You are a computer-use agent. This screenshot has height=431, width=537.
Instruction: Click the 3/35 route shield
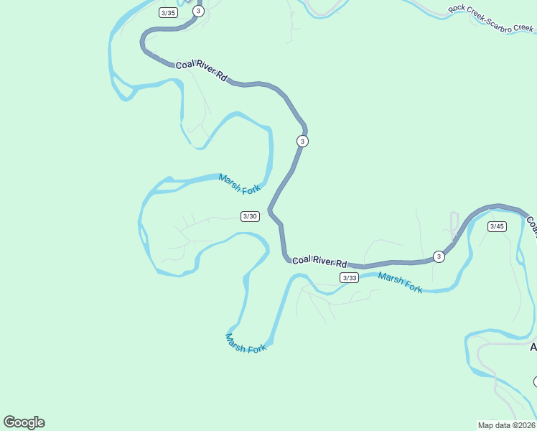point(168,13)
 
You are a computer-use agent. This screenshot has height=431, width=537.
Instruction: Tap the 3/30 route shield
point(250,216)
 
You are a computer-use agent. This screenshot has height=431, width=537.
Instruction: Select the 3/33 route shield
point(349,277)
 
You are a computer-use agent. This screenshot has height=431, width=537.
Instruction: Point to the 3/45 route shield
point(497,226)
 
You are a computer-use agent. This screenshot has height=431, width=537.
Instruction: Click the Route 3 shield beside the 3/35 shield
point(198,11)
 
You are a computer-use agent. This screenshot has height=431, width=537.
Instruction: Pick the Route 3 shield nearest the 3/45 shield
point(439,256)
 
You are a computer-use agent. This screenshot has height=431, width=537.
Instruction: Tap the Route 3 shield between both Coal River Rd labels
point(302,141)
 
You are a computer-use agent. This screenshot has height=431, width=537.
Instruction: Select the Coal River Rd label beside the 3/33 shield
point(319,261)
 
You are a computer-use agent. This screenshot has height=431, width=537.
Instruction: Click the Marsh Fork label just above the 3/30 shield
point(240,184)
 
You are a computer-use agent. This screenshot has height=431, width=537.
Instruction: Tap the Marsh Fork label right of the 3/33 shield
point(400,282)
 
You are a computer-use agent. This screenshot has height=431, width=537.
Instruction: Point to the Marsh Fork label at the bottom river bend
point(246,343)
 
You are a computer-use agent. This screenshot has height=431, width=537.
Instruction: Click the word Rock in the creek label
point(457,10)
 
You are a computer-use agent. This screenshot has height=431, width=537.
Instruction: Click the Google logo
point(24,422)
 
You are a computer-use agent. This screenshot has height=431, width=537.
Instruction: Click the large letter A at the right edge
point(533,348)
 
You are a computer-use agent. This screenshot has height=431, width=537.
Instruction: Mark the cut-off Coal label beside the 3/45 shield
point(532,226)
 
